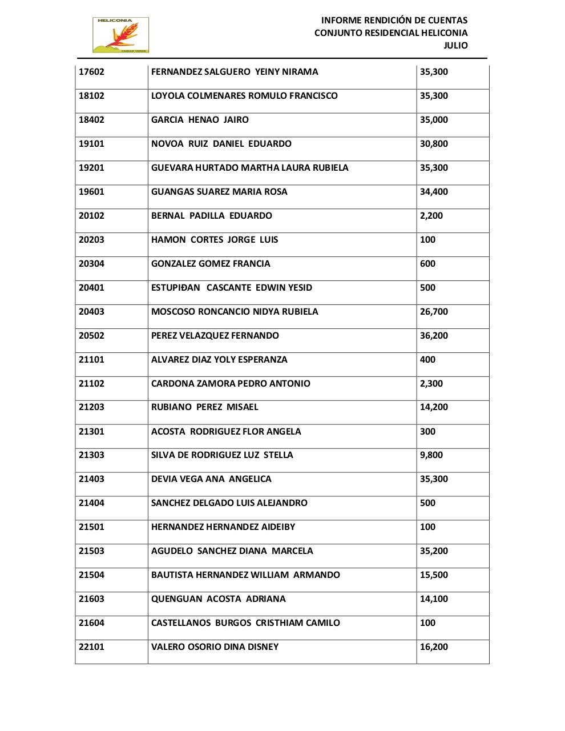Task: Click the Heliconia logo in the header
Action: click(120, 35)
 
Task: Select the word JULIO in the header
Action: click(455, 46)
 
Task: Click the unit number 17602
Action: click(91, 72)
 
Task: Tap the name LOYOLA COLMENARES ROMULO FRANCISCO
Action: click(244, 96)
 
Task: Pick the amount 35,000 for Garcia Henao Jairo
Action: click(434, 120)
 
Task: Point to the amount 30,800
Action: click(434, 144)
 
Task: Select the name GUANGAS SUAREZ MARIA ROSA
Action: click(219, 192)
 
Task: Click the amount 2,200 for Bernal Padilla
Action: click(431, 216)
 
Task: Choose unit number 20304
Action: click(91, 264)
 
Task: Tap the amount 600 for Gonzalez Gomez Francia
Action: click(427, 264)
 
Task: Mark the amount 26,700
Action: click(434, 312)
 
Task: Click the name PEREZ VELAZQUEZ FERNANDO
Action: click(215, 336)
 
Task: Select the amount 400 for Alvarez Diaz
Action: click(427, 360)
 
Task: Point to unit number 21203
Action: click(91, 407)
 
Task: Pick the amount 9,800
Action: click(431, 455)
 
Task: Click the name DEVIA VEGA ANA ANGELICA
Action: click(211, 479)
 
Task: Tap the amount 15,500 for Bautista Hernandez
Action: click(434, 575)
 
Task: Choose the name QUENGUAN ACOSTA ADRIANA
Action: click(219, 599)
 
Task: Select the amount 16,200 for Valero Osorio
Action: click(434, 647)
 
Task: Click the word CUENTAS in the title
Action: click(448, 21)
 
